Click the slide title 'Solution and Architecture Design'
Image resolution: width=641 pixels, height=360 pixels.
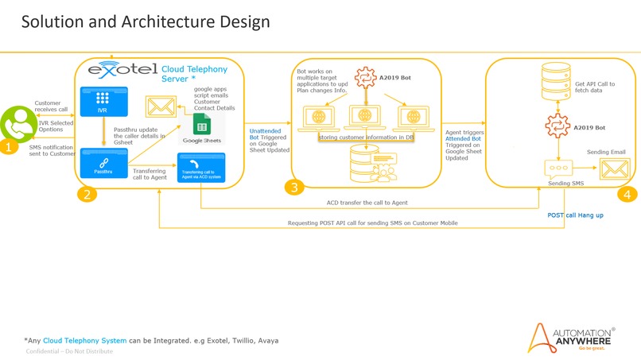(145, 22)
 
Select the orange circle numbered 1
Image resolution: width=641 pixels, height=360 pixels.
(8, 147)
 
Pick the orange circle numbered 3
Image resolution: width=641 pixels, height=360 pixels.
(294, 188)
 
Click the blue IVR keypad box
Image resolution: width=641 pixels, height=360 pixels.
(102, 100)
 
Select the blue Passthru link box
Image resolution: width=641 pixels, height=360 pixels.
(102, 165)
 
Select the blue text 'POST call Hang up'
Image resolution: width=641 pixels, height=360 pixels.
(575, 215)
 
